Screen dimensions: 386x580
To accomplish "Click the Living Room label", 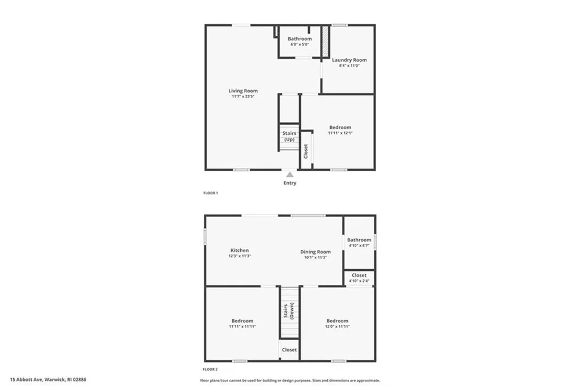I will click(243, 91).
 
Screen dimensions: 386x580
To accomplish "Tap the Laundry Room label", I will click(349, 60).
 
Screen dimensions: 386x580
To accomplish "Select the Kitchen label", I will click(239, 251).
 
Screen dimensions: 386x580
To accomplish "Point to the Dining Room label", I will click(315, 252).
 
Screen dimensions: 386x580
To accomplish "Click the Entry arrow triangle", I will click(289, 175).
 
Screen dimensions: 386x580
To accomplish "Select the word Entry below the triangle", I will click(289, 183).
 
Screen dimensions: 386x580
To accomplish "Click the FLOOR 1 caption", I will click(211, 193).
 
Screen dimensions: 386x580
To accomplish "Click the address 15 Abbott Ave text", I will click(48, 380).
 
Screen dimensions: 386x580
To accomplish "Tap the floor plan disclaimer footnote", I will click(289, 380).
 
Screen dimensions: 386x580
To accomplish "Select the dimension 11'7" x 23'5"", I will click(243, 97).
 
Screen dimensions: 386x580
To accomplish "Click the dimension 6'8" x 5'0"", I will click(299, 44).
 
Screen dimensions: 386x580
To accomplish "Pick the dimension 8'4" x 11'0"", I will click(349, 66).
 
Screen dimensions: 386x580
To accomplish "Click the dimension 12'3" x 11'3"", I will click(239, 256).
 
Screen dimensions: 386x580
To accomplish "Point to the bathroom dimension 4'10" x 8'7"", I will click(359, 245).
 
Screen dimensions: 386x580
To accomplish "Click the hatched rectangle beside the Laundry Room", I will click(325, 41).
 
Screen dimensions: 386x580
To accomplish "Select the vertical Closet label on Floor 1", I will click(306, 150).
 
